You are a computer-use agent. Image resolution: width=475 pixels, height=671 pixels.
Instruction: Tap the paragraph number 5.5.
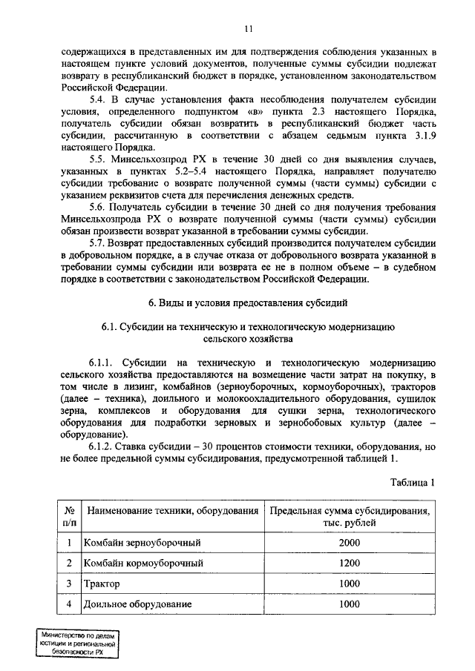(x=98, y=160)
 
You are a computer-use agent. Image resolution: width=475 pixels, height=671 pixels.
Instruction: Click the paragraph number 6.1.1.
(x=104, y=363)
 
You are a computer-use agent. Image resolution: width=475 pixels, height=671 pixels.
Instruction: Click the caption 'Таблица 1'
(x=412, y=483)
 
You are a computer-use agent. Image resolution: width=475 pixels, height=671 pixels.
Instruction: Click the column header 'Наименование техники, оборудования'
(x=172, y=512)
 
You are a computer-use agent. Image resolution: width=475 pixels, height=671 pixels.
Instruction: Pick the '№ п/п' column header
(x=68, y=517)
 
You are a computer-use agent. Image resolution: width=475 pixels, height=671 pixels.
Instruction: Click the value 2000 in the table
(x=349, y=543)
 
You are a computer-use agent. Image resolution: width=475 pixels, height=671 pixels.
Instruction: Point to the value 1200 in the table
(x=349, y=564)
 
